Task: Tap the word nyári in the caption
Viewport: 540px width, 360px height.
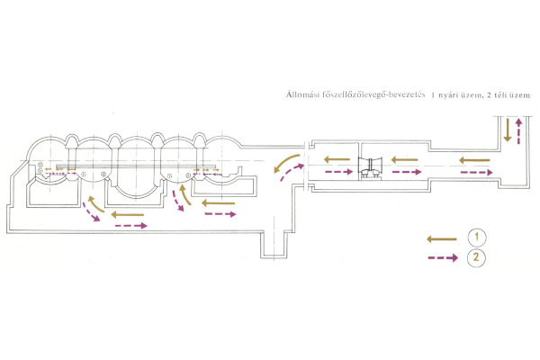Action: pyautogui.click(x=445, y=94)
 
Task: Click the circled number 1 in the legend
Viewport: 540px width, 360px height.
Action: pyautogui.click(x=478, y=238)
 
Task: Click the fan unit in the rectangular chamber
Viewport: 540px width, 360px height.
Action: pyautogui.click(x=371, y=166)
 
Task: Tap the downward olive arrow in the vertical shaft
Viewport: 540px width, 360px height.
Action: pyautogui.click(x=508, y=130)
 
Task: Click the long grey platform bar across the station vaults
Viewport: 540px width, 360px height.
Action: pyautogui.click(x=126, y=166)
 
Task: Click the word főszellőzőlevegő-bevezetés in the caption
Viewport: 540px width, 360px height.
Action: pyautogui.click(x=370, y=94)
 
